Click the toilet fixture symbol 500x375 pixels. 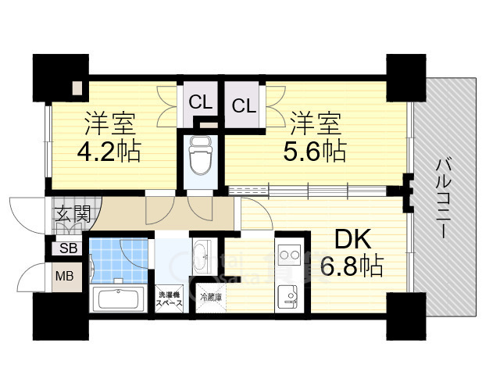(201, 156)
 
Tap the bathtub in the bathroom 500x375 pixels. (118, 299)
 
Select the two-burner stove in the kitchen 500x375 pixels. (290, 255)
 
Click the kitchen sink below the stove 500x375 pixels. (287, 297)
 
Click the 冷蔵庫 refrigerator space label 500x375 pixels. (211, 298)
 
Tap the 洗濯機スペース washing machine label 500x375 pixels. (170, 299)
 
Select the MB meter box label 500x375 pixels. (65, 276)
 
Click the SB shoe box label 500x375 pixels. (69, 248)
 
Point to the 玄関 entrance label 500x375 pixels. (73, 213)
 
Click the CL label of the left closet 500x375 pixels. (200, 102)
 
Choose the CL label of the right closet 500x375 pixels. (244, 105)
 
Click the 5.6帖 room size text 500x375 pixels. (315, 151)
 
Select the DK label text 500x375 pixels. (353, 240)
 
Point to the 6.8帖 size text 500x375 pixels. (352, 266)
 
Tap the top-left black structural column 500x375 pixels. (61, 78)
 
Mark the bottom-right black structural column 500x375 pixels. (406, 316)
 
